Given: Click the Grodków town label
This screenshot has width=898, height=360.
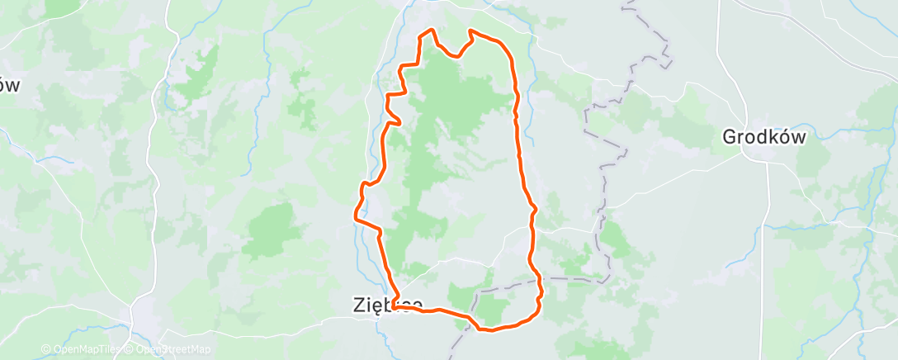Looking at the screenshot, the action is click(x=763, y=137).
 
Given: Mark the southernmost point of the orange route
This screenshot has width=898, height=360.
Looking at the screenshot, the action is click(x=487, y=330).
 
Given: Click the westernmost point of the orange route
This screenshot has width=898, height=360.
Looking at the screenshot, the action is click(x=355, y=218).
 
